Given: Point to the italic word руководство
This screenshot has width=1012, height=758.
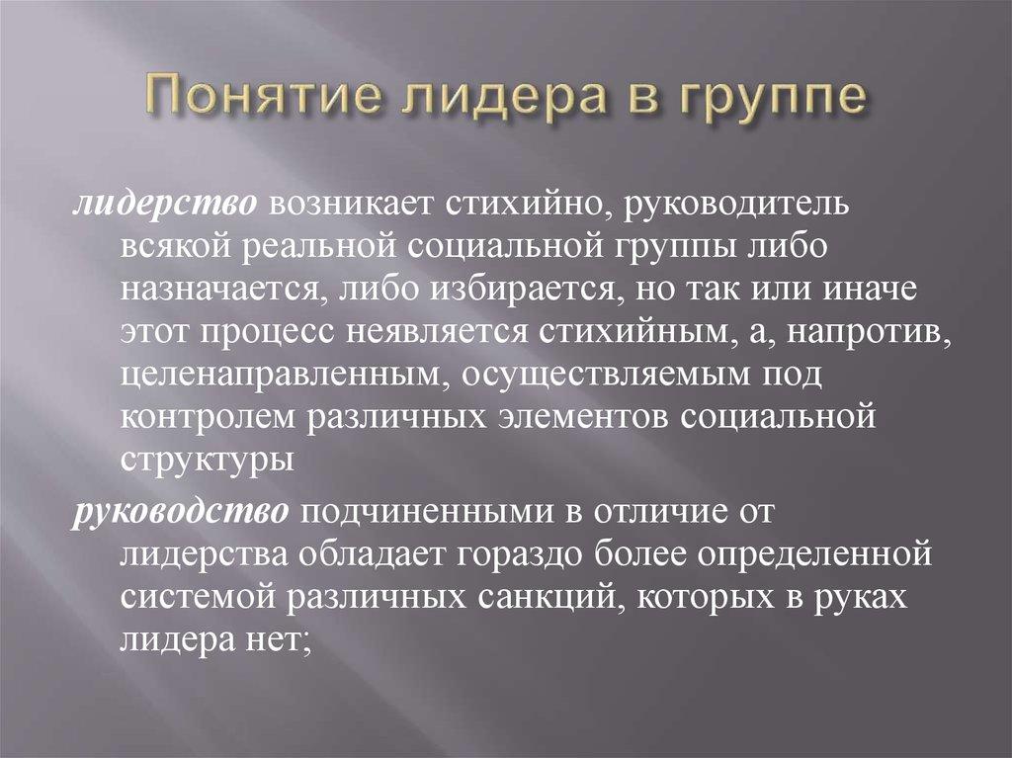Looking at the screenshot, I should [179, 512].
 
